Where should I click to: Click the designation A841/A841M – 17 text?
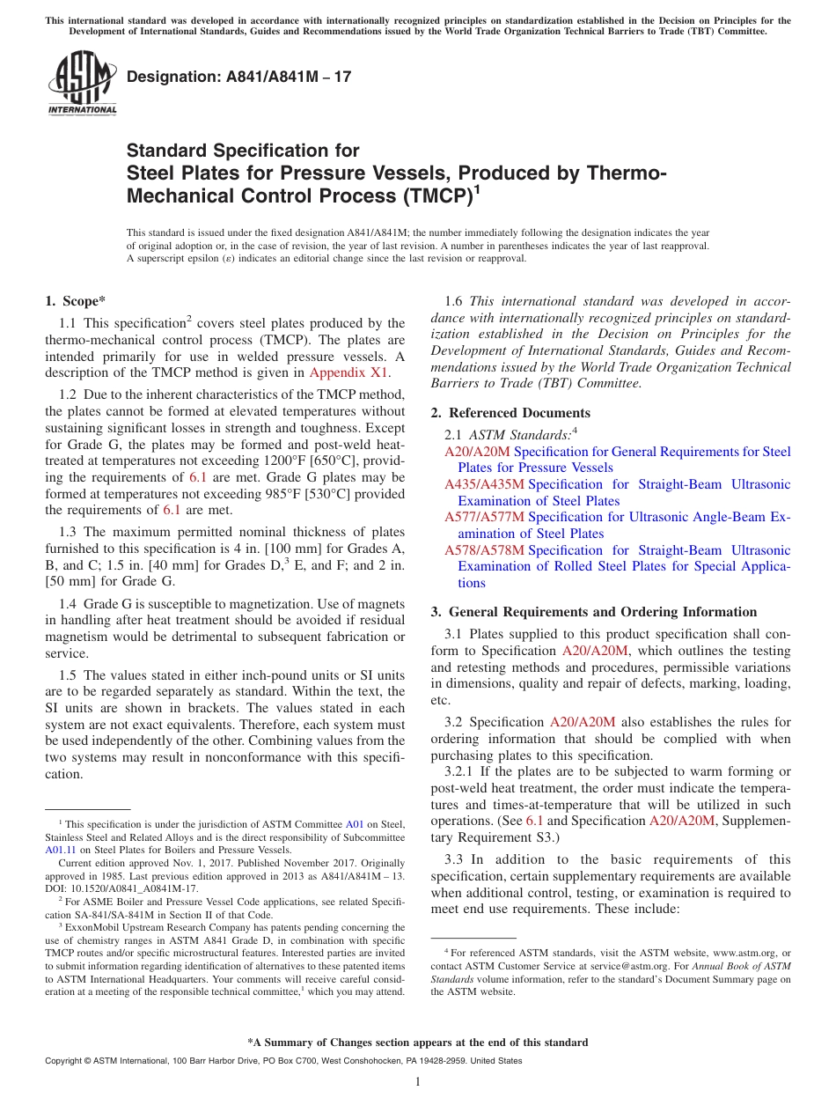(239, 77)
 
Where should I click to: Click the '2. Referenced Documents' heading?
(510, 413)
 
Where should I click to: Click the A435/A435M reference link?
(484, 484)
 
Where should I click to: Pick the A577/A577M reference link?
(484, 517)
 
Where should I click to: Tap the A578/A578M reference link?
(484, 550)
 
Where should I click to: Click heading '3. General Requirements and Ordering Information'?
(594, 612)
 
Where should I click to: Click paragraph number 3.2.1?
(459, 771)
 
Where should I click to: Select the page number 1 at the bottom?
(418, 1082)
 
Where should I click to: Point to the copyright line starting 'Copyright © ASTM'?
(282, 1061)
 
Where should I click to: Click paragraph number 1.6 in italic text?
(455, 301)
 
